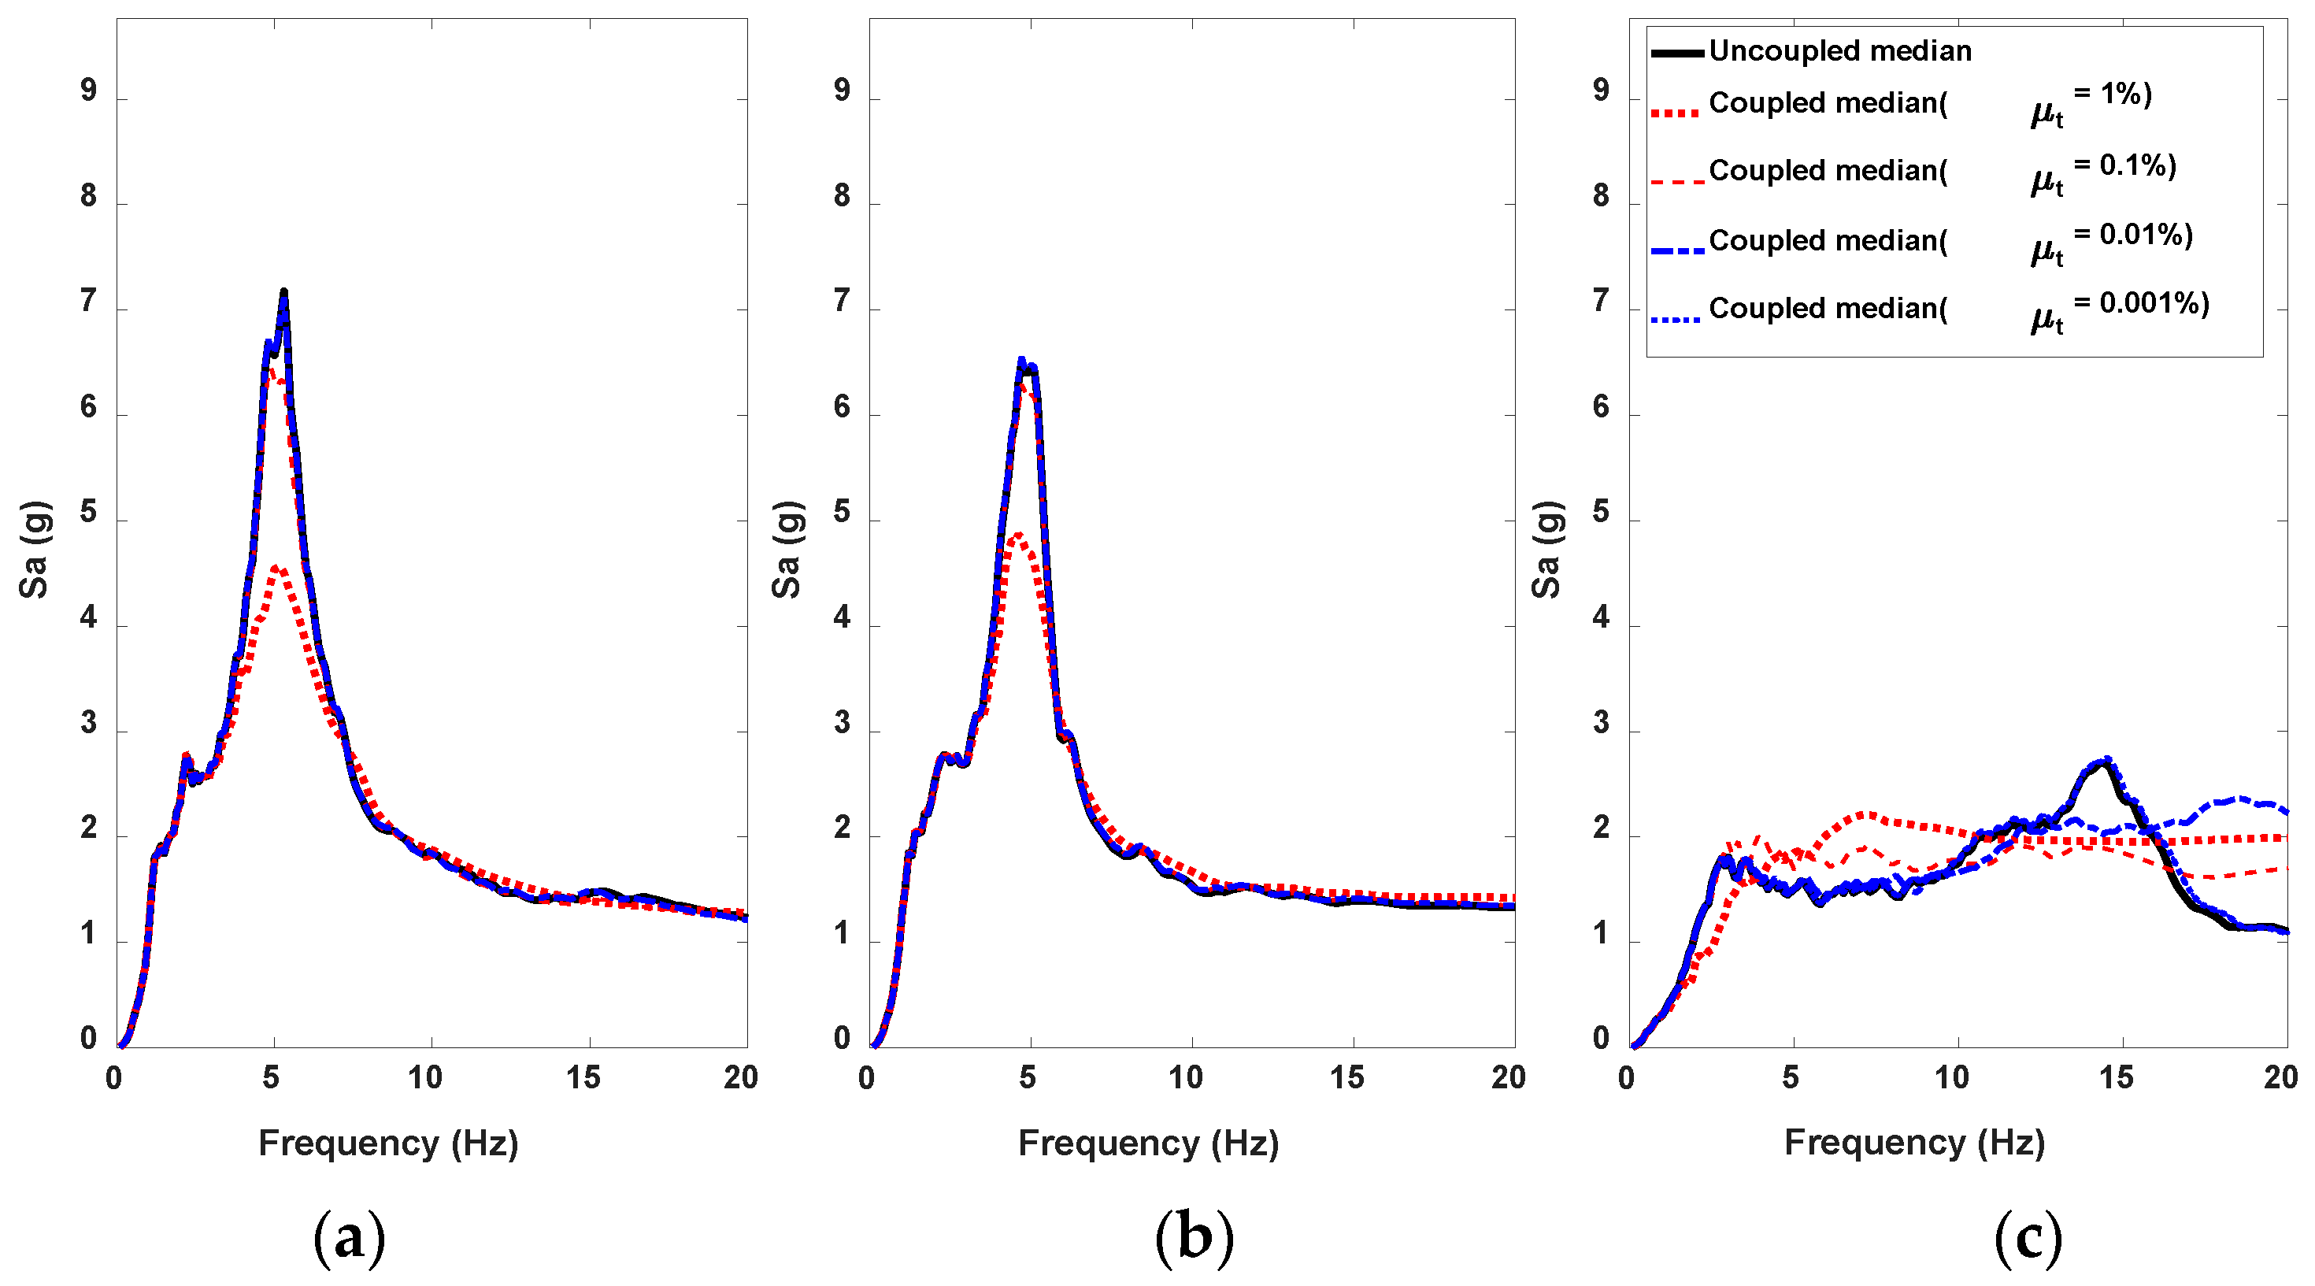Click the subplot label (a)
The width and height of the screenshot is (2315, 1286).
coord(349,1236)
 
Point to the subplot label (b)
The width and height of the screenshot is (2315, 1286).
coord(1194,1236)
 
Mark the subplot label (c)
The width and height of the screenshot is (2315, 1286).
coord(2028,1236)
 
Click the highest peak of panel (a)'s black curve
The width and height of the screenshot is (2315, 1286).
coord(284,291)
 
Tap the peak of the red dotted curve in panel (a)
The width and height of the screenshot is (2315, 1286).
coord(276,567)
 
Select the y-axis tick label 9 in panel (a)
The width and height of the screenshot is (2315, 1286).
coord(88,90)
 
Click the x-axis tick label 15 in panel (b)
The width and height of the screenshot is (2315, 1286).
coord(1346,1077)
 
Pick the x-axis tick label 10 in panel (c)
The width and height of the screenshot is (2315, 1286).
coord(1951,1077)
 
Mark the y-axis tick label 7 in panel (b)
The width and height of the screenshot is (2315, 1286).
coord(841,301)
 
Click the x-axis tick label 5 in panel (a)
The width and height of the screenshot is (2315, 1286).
coord(271,1077)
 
